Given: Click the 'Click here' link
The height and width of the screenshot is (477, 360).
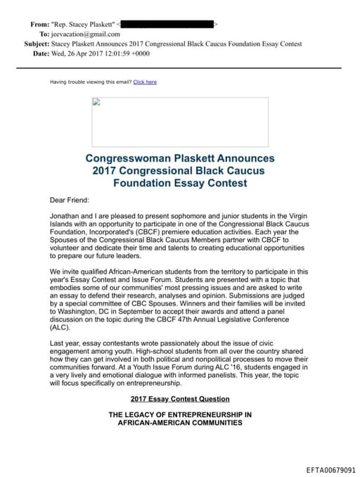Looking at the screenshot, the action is [145, 82].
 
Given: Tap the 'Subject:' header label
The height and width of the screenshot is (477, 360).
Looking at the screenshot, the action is [37, 44].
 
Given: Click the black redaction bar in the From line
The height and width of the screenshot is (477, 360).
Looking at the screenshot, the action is [172, 24].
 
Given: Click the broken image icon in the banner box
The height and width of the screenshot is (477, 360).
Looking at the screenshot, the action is [96, 102].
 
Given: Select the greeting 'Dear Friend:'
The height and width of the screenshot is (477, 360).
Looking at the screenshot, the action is [69, 201].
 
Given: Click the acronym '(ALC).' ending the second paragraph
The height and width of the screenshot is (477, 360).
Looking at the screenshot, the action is [60, 327].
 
